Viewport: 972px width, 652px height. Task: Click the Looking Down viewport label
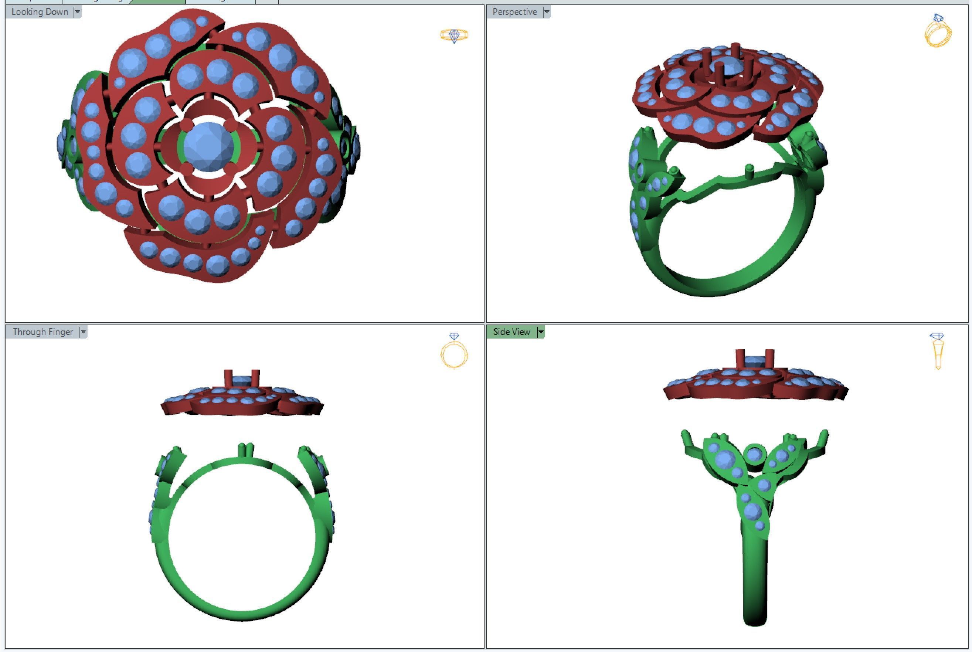[40, 12]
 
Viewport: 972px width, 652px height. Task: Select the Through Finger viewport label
[43, 332]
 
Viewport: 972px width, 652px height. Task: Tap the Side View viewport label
[512, 332]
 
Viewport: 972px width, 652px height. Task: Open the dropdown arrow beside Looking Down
[77, 12]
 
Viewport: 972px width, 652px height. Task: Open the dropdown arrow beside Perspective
[547, 12]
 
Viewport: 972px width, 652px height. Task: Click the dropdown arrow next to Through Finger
[83, 332]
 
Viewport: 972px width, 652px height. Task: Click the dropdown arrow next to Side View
[540, 332]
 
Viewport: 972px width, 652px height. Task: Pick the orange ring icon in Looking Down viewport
[454, 35]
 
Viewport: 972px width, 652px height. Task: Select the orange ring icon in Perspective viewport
[938, 31]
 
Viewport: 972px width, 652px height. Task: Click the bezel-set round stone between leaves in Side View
[754, 454]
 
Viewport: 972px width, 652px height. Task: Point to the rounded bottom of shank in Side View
[755, 619]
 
